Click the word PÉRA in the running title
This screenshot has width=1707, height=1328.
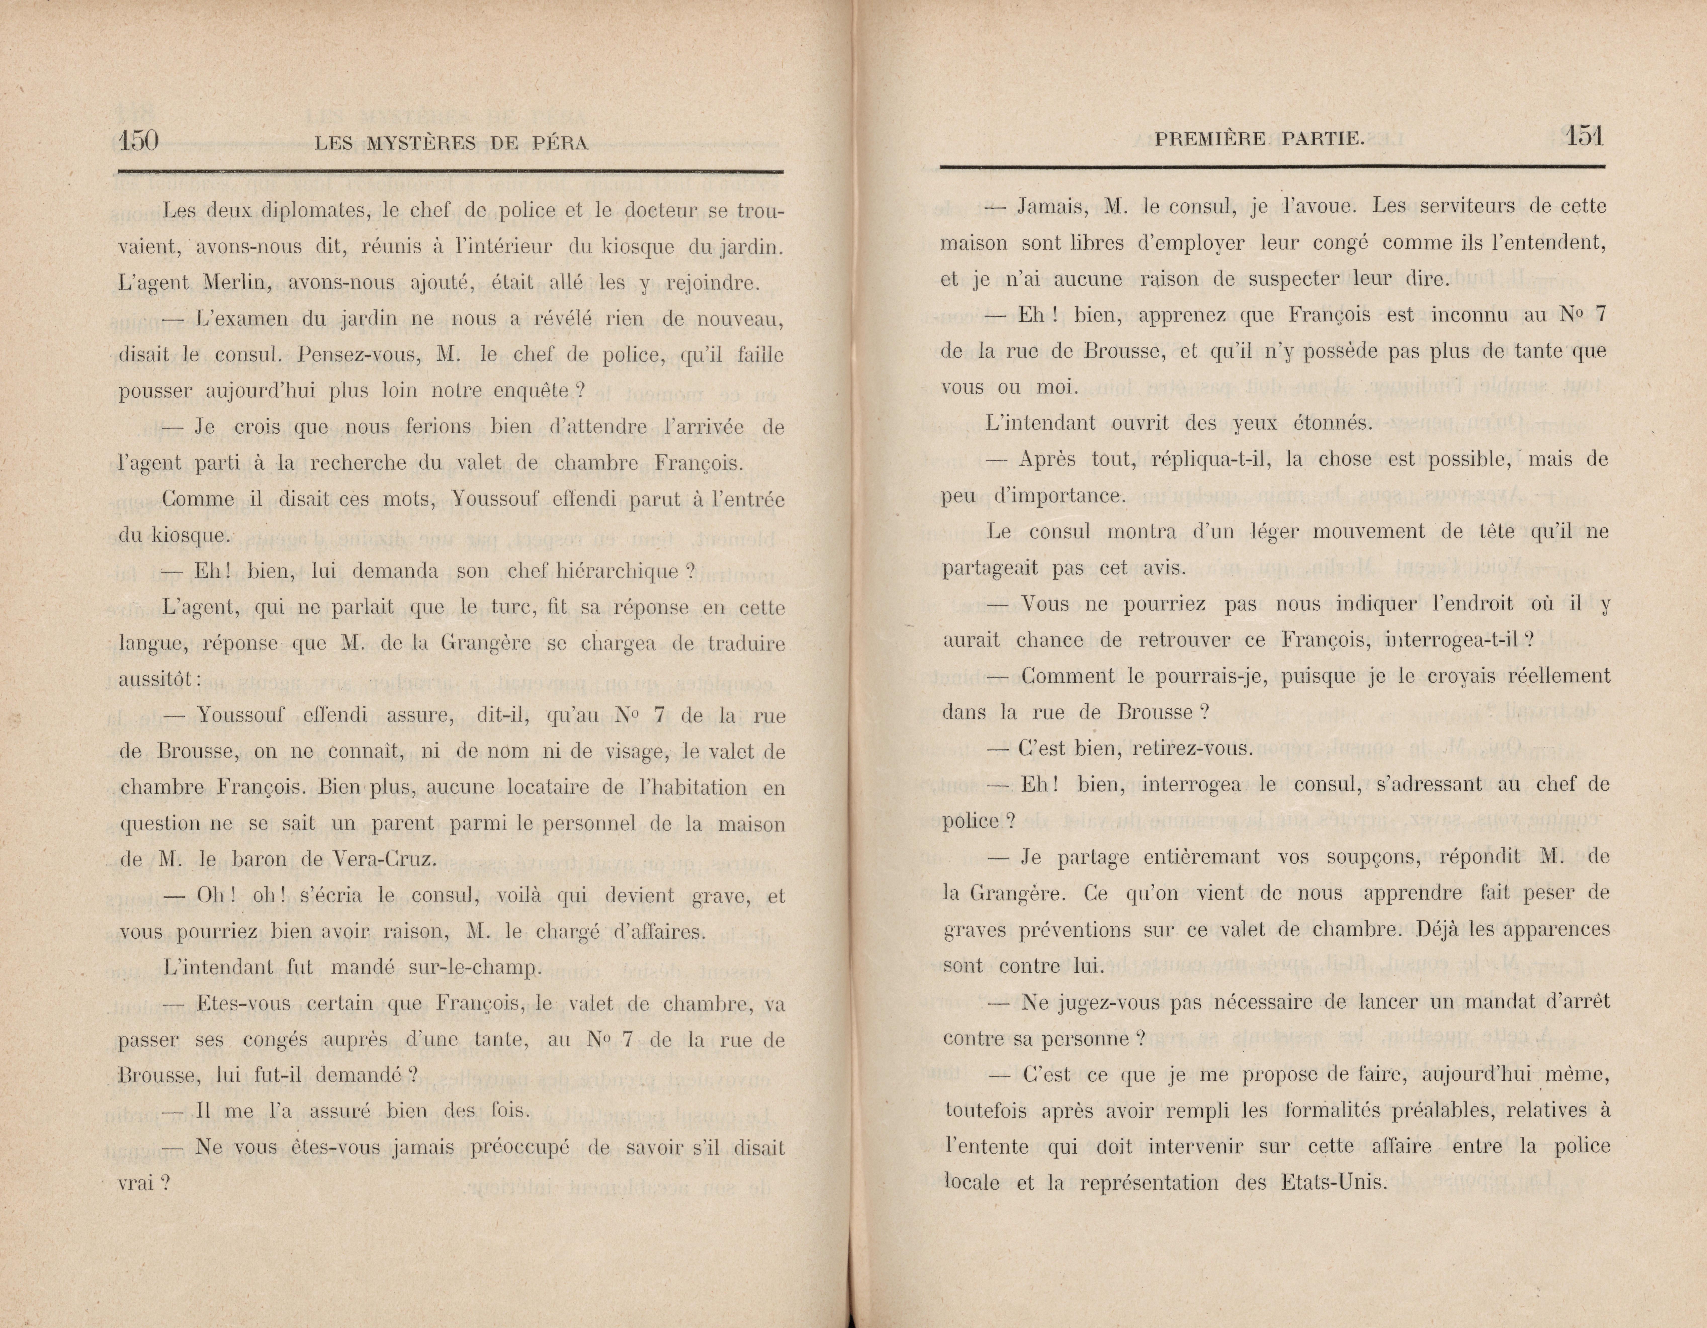click(561, 143)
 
